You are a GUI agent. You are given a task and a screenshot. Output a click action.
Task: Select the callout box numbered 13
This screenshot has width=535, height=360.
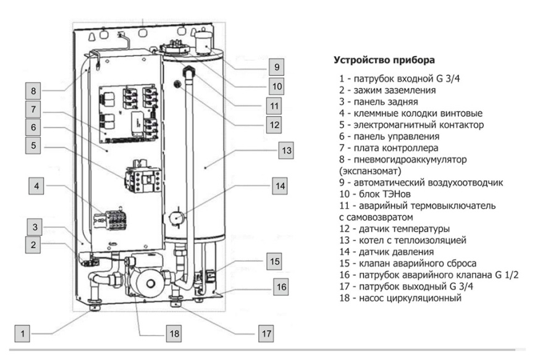[x=285, y=150]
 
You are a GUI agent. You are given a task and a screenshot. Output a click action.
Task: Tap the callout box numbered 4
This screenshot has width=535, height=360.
[x=38, y=186]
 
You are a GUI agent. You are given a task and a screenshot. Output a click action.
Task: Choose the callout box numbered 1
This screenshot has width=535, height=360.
[x=23, y=333]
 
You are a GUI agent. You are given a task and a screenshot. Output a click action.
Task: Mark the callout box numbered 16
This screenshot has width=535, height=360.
[x=282, y=287]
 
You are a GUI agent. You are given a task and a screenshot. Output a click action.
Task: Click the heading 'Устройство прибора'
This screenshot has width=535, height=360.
[x=384, y=61]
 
